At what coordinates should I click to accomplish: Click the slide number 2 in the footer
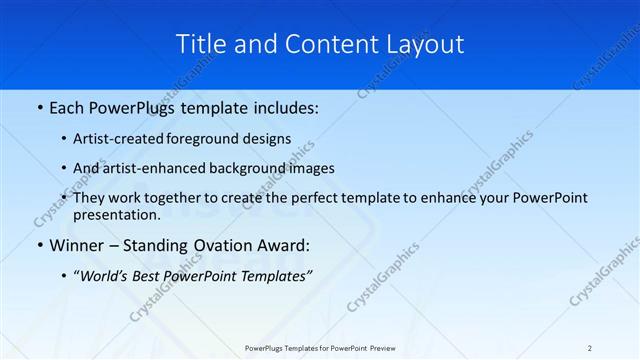coord(590,347)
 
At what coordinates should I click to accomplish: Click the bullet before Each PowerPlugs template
coord(38,107)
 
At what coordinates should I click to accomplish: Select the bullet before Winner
coord(38,245)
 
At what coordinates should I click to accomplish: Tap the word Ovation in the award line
coord(215,245)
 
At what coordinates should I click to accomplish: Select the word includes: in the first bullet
coord(284,107)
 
